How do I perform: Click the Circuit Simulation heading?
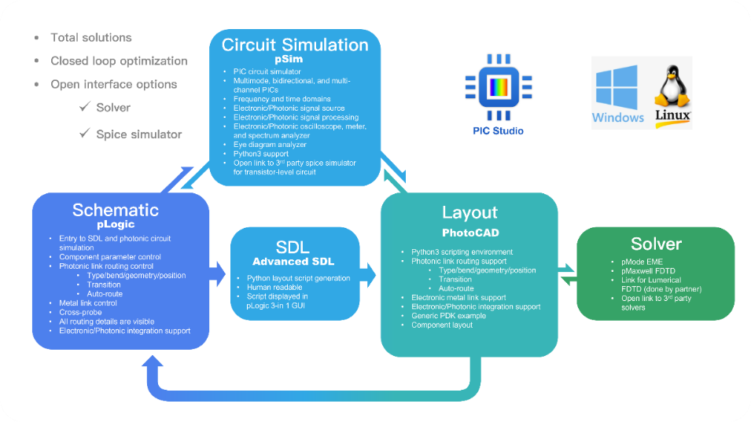pos(295,45)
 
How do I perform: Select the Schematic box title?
pos(116,210)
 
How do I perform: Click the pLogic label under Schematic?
pos(116,224)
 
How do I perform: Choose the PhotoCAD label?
pos(469,233)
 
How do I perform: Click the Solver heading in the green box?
pos(655,244)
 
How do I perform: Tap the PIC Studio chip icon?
pos(493,88)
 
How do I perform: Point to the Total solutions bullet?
pos(90,38)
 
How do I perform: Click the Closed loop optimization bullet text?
pos(119,61)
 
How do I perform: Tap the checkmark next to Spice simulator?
pos(84,134)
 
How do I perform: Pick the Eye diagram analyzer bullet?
pos(270,145)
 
